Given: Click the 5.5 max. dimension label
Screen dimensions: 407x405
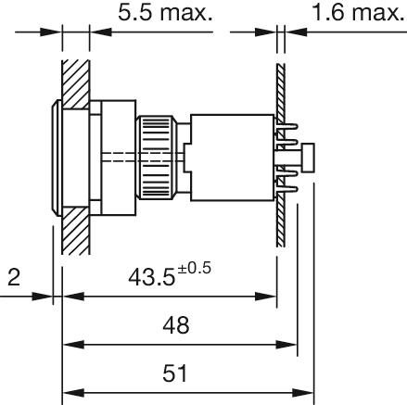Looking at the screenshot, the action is [x=165, y=13].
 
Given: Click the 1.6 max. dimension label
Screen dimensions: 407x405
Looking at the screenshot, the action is [x=359, y=13].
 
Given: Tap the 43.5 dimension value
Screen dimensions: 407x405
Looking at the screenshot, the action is [x=151, y=277].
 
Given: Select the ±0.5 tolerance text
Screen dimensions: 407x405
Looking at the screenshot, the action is [x=194, y=268].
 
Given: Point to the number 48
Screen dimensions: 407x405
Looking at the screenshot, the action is [x=176, y=325].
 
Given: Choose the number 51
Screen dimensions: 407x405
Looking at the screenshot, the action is [x=175, y=373].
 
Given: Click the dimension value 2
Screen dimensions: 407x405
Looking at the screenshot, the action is [x=14, y=277].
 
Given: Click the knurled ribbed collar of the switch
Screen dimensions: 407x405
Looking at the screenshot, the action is [x=157, y=158].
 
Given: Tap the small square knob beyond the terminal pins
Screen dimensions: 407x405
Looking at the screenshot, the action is [x=309, y=158].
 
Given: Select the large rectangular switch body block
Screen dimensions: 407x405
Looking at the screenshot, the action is [x=232, y=158].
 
